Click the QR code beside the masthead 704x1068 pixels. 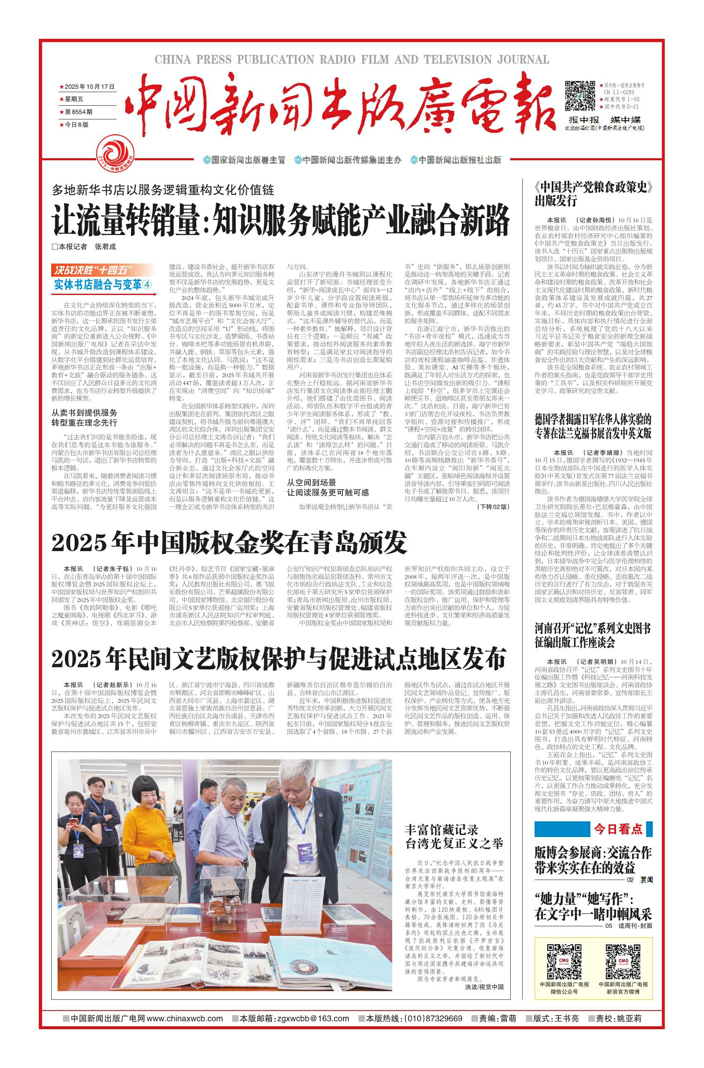(580, 95)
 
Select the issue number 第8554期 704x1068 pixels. (78, 112)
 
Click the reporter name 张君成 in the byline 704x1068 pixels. (105, 247)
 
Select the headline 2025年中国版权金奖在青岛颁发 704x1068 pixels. (229, 543)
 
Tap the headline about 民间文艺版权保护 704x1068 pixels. (278, 659)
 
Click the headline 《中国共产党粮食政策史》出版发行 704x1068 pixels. (592, 194)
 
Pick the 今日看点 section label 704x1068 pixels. (618, 829)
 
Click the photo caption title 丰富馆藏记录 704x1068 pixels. (441, 829)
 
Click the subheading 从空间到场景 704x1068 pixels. (311, 482)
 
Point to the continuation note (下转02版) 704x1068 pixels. (493, 507)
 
